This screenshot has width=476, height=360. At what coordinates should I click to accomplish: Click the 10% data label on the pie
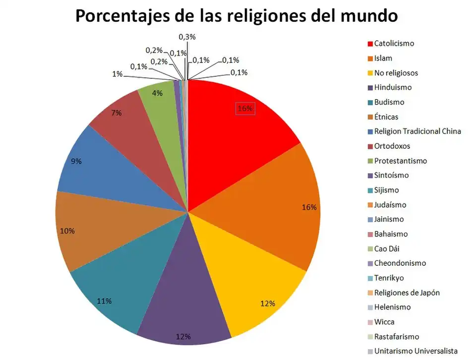[67, 231]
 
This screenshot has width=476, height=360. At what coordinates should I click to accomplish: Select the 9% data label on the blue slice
[76, 161]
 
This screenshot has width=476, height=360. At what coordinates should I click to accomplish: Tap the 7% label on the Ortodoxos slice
[117, 113]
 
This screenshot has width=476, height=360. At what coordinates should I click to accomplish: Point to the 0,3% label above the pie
[186, 37]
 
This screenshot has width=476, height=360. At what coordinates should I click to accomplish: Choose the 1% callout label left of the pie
[117, 74]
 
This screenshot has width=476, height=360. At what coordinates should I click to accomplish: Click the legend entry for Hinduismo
[393, 87]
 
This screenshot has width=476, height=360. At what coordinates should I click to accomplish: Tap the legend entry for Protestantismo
[400, 161]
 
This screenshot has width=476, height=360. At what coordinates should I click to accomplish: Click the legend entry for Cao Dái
[387, 249]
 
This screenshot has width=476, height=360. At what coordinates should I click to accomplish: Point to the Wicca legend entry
[384, 322]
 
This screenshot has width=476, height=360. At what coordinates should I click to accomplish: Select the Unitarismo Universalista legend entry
[416, 351]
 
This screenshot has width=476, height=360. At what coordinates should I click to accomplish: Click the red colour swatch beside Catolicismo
[369, 44]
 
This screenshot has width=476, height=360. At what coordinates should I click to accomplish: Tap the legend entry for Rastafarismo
[396, 337]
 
